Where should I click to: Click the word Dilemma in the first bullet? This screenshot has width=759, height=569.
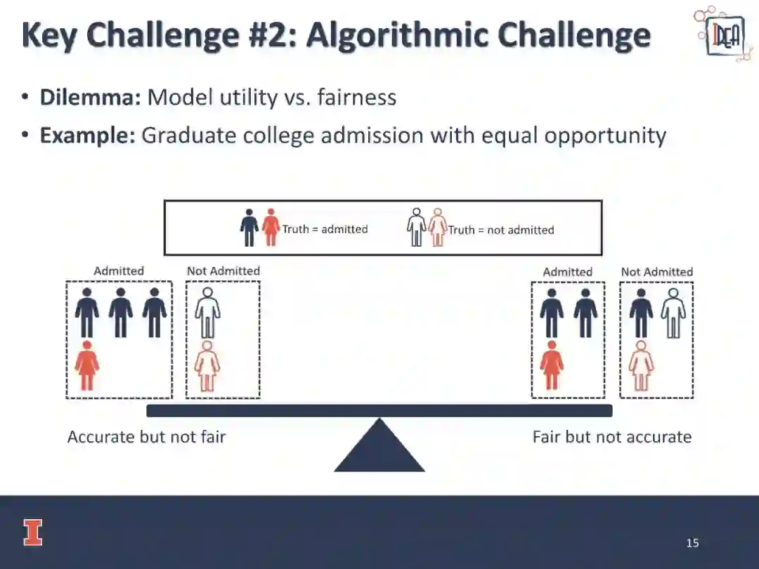90,97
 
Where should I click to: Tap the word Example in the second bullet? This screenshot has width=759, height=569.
87,135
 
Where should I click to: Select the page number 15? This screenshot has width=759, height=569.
692,543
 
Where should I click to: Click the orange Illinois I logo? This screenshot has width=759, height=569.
32,532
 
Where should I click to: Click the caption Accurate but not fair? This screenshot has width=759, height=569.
146,437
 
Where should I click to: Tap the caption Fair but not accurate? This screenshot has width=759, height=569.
611,437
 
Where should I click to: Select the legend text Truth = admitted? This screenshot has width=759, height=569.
325,229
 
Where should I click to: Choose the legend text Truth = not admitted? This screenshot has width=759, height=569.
501,230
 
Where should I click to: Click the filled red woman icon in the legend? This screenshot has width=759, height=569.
271,227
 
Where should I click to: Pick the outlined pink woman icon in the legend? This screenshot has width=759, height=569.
438,227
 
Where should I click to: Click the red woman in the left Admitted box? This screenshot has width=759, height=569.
87,365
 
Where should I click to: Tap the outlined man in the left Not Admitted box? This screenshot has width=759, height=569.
207,313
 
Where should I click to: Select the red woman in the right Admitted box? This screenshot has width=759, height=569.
552,365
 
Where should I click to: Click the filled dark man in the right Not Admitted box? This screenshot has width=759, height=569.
641,313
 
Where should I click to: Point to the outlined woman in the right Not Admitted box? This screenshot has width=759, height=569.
641,365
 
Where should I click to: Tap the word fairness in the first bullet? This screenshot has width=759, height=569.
356,97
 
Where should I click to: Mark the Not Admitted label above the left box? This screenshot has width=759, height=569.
223,271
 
